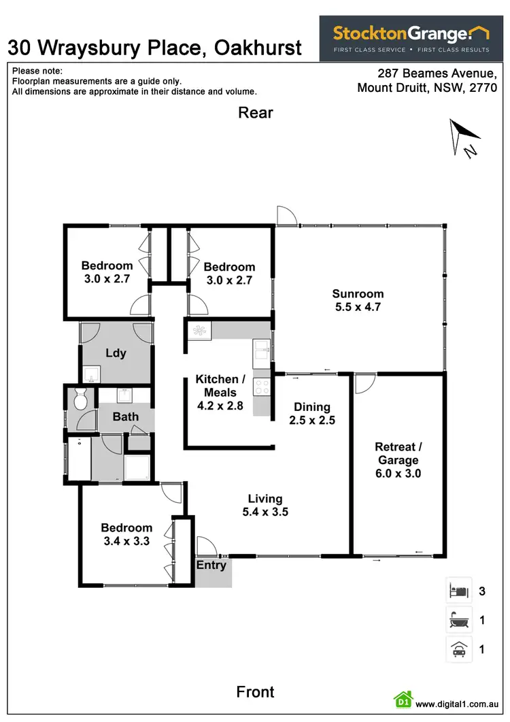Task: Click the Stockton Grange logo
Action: point(411,38)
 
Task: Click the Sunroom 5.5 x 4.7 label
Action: point(358,300)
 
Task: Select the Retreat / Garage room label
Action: point(398,459)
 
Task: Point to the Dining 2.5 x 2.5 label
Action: point(311,413)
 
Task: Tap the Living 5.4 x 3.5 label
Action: point(265,505)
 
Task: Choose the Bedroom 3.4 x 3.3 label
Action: point(126,534)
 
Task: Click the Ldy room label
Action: point(115,353)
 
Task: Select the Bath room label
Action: point(125,416)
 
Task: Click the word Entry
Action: point(211,565)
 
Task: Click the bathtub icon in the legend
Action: point(458,620)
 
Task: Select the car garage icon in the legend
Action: point(458,649)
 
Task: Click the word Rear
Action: point(255,113)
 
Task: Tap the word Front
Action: point(255,692)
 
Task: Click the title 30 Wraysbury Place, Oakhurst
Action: point(154,48)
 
